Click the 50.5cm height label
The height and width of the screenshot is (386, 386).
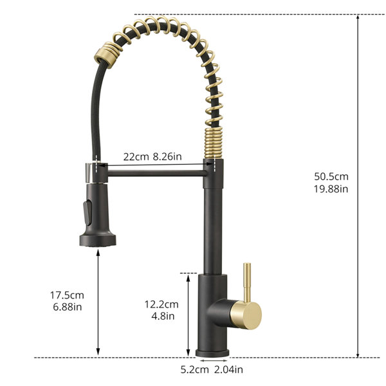[331, 176]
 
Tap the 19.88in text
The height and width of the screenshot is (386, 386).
[331, 188]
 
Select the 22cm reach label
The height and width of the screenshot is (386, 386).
[136, 156]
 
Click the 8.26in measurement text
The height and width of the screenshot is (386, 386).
[167, 156]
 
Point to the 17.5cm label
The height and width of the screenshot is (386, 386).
[67, 295]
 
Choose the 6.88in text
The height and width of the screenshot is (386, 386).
[67, 307]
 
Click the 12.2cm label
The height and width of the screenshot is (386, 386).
[161, 304]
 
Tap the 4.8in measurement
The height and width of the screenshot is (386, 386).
[163, 316]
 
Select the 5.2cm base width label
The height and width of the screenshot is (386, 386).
[194, 369]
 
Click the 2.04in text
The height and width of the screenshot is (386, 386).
[228, 369]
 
